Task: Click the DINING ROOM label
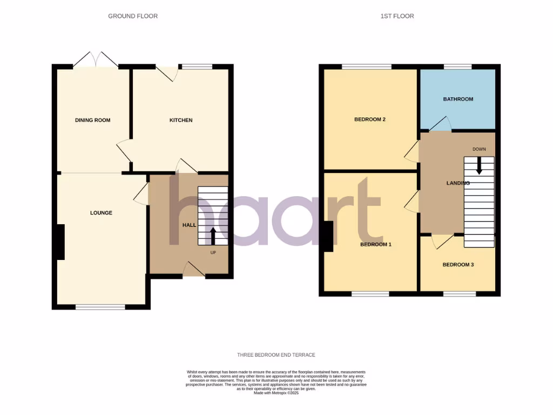click(92, 120)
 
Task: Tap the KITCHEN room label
click(181, 120)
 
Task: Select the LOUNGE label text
click(101, 213)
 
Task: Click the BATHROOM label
click(458, 99)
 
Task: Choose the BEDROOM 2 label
click(369, 119)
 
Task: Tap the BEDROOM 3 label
click(458, 265)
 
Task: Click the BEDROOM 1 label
click(375, 244)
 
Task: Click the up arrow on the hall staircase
click(212, 236)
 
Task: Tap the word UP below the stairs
click(214, 252)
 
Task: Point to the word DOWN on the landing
click(479, 149)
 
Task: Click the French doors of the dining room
click(95, 59)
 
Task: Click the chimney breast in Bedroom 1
click(327, 237)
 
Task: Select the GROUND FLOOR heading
click(133, 16)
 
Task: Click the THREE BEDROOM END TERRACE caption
click(276, 355)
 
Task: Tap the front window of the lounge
click(100, 307)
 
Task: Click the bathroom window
click(457, 66)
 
